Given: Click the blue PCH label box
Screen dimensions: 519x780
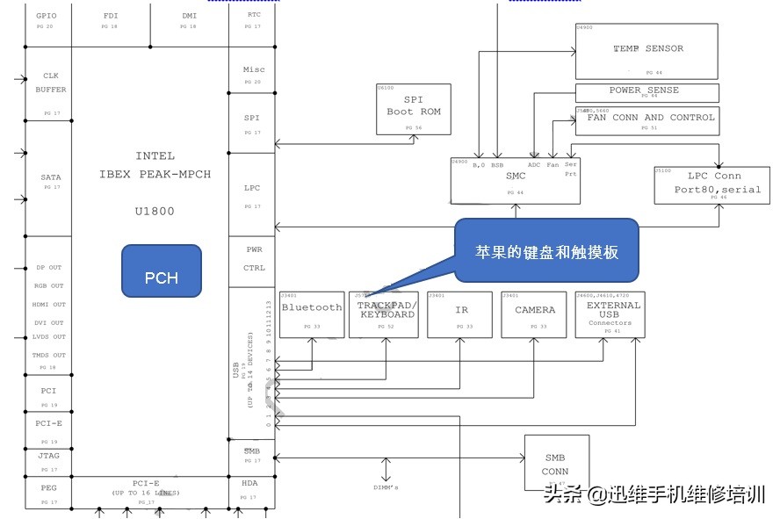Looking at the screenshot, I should coord(161,278).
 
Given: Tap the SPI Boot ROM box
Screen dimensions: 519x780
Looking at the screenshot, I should coord(413,110).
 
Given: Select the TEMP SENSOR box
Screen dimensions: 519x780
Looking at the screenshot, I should coord(646,52).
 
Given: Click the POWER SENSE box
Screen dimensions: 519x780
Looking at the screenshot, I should coord(646,92).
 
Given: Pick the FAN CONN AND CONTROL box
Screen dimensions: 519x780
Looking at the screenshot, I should coord(646,121).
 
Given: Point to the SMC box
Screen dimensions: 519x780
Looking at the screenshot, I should coord(516,180).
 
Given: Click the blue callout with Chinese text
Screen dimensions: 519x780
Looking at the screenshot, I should coord(546,251).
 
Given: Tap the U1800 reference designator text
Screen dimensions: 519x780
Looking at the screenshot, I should coord(155,211).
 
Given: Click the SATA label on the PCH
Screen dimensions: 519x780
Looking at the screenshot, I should coord(50,177).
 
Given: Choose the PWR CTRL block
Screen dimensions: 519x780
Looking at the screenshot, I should coord(252,259).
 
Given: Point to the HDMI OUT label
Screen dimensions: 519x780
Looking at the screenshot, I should coord(49,304).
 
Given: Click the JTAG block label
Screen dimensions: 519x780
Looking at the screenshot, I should coord(49,456).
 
